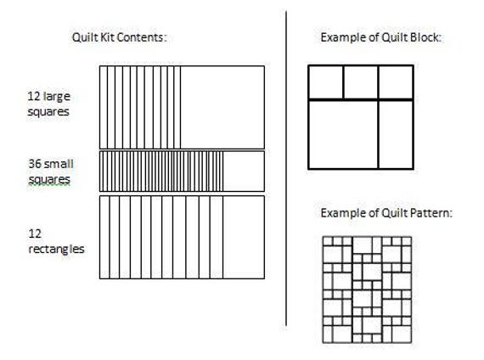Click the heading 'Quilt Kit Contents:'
[119, 37]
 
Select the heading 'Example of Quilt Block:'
[381, 37]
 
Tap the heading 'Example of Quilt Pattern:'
[386, 213]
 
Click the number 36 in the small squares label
[35, 164]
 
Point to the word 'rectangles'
[56, 249]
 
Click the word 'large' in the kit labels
[57, 97]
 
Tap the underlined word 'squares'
[49, 180]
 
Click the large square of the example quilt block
[344, 134]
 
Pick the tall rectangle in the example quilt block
[396, 134]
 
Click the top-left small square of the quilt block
[326, 82]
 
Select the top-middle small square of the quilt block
[361, 82]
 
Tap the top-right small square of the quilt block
[396, 82]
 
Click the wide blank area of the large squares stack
[222, 108]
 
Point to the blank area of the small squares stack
[244, 171]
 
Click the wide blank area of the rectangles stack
[244, 237]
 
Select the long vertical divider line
[286, 168]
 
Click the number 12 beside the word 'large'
[34, 96]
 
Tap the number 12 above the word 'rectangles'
[35, 233]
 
